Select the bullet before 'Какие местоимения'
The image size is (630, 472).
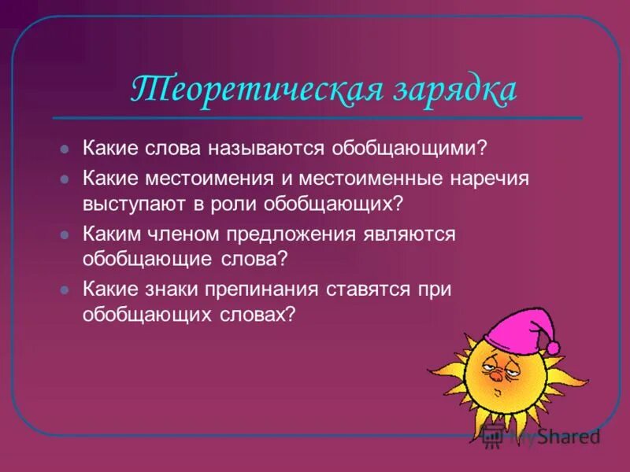pos(66,179)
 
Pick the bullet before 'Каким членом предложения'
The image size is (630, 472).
pos(66,235)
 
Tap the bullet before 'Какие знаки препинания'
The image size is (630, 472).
pos(66,290)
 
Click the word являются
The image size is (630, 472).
pos(410,234)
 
